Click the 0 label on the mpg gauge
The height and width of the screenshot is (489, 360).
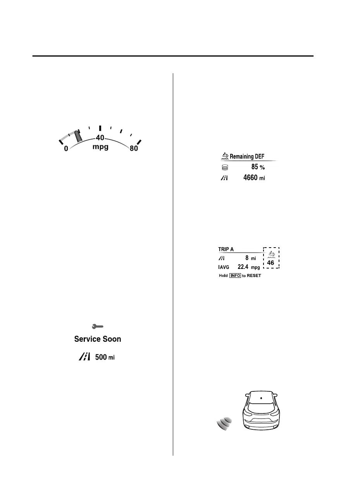(66, 149)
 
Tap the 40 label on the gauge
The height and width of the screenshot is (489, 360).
(100, 138)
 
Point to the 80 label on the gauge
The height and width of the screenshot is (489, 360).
(134, 149)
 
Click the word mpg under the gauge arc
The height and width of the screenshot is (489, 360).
(100, 148)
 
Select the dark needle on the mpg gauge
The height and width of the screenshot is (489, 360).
(78, 136)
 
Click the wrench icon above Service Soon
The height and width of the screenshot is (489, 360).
(98, 327)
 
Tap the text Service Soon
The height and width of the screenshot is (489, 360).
(98, 339)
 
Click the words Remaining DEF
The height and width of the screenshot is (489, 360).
(249, 157)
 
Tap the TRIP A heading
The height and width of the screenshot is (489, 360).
(227, 250)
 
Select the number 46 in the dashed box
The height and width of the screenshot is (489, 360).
(271, 263)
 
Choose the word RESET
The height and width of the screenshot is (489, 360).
(254, 276)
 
